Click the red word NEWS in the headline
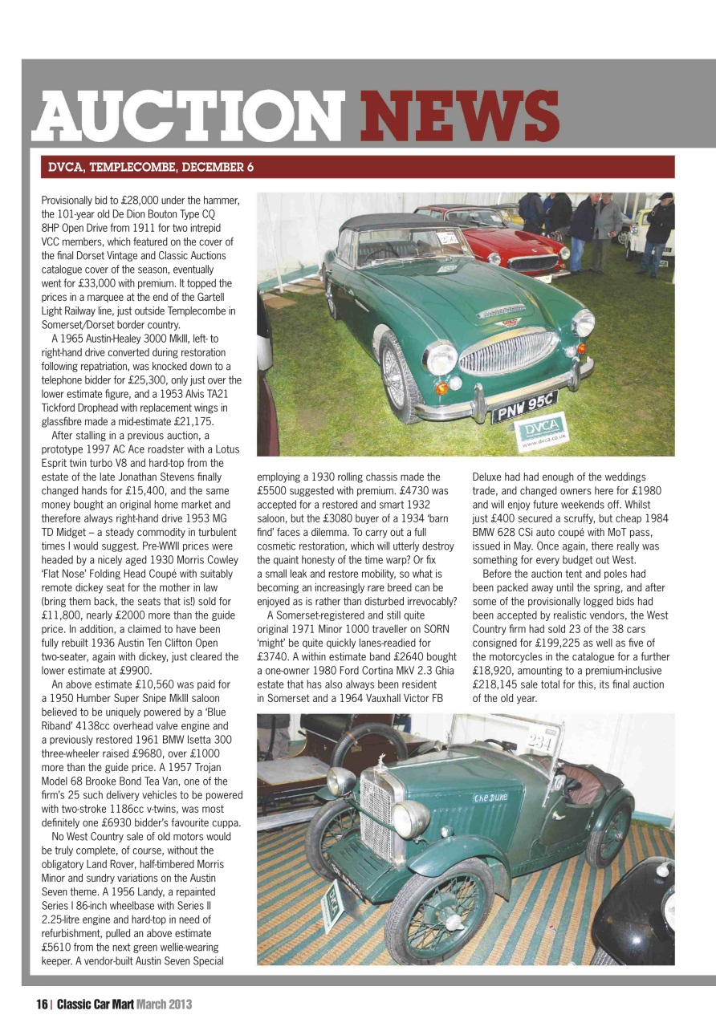(459, 115)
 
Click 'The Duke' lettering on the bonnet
(490, 797)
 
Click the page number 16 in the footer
(42, 1004)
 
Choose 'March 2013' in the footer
(163, 1004)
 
